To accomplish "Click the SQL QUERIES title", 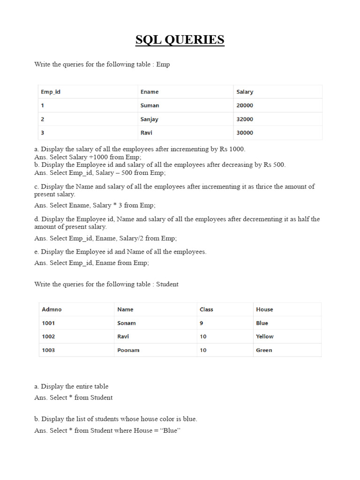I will pos(180,40).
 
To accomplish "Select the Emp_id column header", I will pos(51,92).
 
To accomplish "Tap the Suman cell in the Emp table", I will pos(150,105).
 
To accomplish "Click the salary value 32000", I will pos(245,119).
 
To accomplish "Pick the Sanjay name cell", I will pos(149,119).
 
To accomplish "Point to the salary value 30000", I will pos(245,133).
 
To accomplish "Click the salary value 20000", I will pos(245,105).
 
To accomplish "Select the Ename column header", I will pos(150,92).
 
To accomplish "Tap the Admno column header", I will pos(52,309).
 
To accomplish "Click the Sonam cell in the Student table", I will pos(127,323).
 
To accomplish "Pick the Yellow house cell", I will pos(265,337).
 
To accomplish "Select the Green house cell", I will pos(264,350).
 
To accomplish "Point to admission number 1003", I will pos(48,350).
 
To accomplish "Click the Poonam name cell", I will pos(128,350).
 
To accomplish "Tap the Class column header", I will pos(206,309).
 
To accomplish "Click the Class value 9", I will pos(202,323).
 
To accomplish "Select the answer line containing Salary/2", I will pos(105,238).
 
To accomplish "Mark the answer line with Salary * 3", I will pos(95,205).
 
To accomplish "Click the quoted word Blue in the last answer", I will pos(170,430).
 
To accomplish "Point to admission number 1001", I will pos(48,323).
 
